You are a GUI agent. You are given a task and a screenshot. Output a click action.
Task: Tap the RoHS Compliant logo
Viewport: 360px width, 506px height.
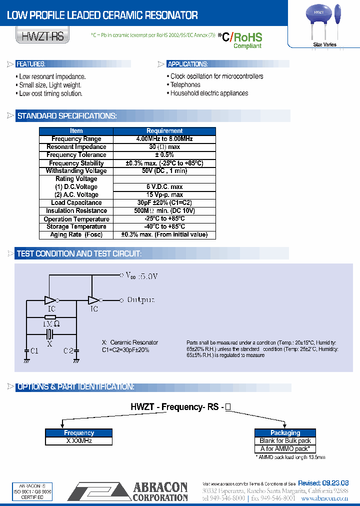coord(247,40)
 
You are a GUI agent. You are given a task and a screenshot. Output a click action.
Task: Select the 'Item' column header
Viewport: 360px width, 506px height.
coord(76,131)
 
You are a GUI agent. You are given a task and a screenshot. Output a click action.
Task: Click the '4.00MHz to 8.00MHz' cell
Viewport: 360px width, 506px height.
coord(164,139)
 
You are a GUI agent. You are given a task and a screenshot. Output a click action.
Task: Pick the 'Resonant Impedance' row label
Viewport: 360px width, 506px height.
coord(76,147)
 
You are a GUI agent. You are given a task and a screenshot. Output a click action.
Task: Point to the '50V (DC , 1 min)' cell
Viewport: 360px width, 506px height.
coord(164,171)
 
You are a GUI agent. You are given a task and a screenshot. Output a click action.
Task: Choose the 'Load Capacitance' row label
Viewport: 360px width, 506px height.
coord(76,203)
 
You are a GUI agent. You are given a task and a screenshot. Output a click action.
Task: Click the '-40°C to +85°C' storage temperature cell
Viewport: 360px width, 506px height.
coord(164,227)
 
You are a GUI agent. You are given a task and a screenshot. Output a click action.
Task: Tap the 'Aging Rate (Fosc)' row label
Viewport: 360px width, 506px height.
coord(76,235)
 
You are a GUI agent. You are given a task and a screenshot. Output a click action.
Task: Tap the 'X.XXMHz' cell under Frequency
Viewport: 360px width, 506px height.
coord(79,441)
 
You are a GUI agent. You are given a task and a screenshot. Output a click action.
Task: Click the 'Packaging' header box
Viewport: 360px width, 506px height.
coord(285,433)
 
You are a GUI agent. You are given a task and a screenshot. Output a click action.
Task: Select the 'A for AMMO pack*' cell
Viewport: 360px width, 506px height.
coord(285,449)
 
